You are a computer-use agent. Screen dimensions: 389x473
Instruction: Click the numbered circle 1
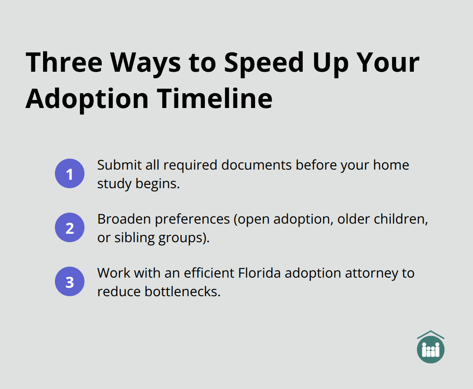point(70,173)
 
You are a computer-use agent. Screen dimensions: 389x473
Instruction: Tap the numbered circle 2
point(70,227)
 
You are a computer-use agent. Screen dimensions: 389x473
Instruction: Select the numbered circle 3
point(70,281)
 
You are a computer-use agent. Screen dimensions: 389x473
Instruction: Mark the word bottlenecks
point(183,291)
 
